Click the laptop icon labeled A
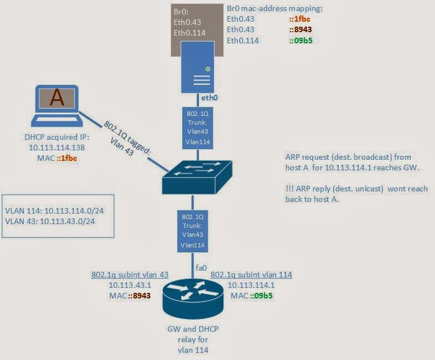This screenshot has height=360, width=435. [x=57, y=106]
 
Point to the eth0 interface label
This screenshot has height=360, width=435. [x=209, y=98]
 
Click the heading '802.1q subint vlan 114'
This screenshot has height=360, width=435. [x=251, y=275]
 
